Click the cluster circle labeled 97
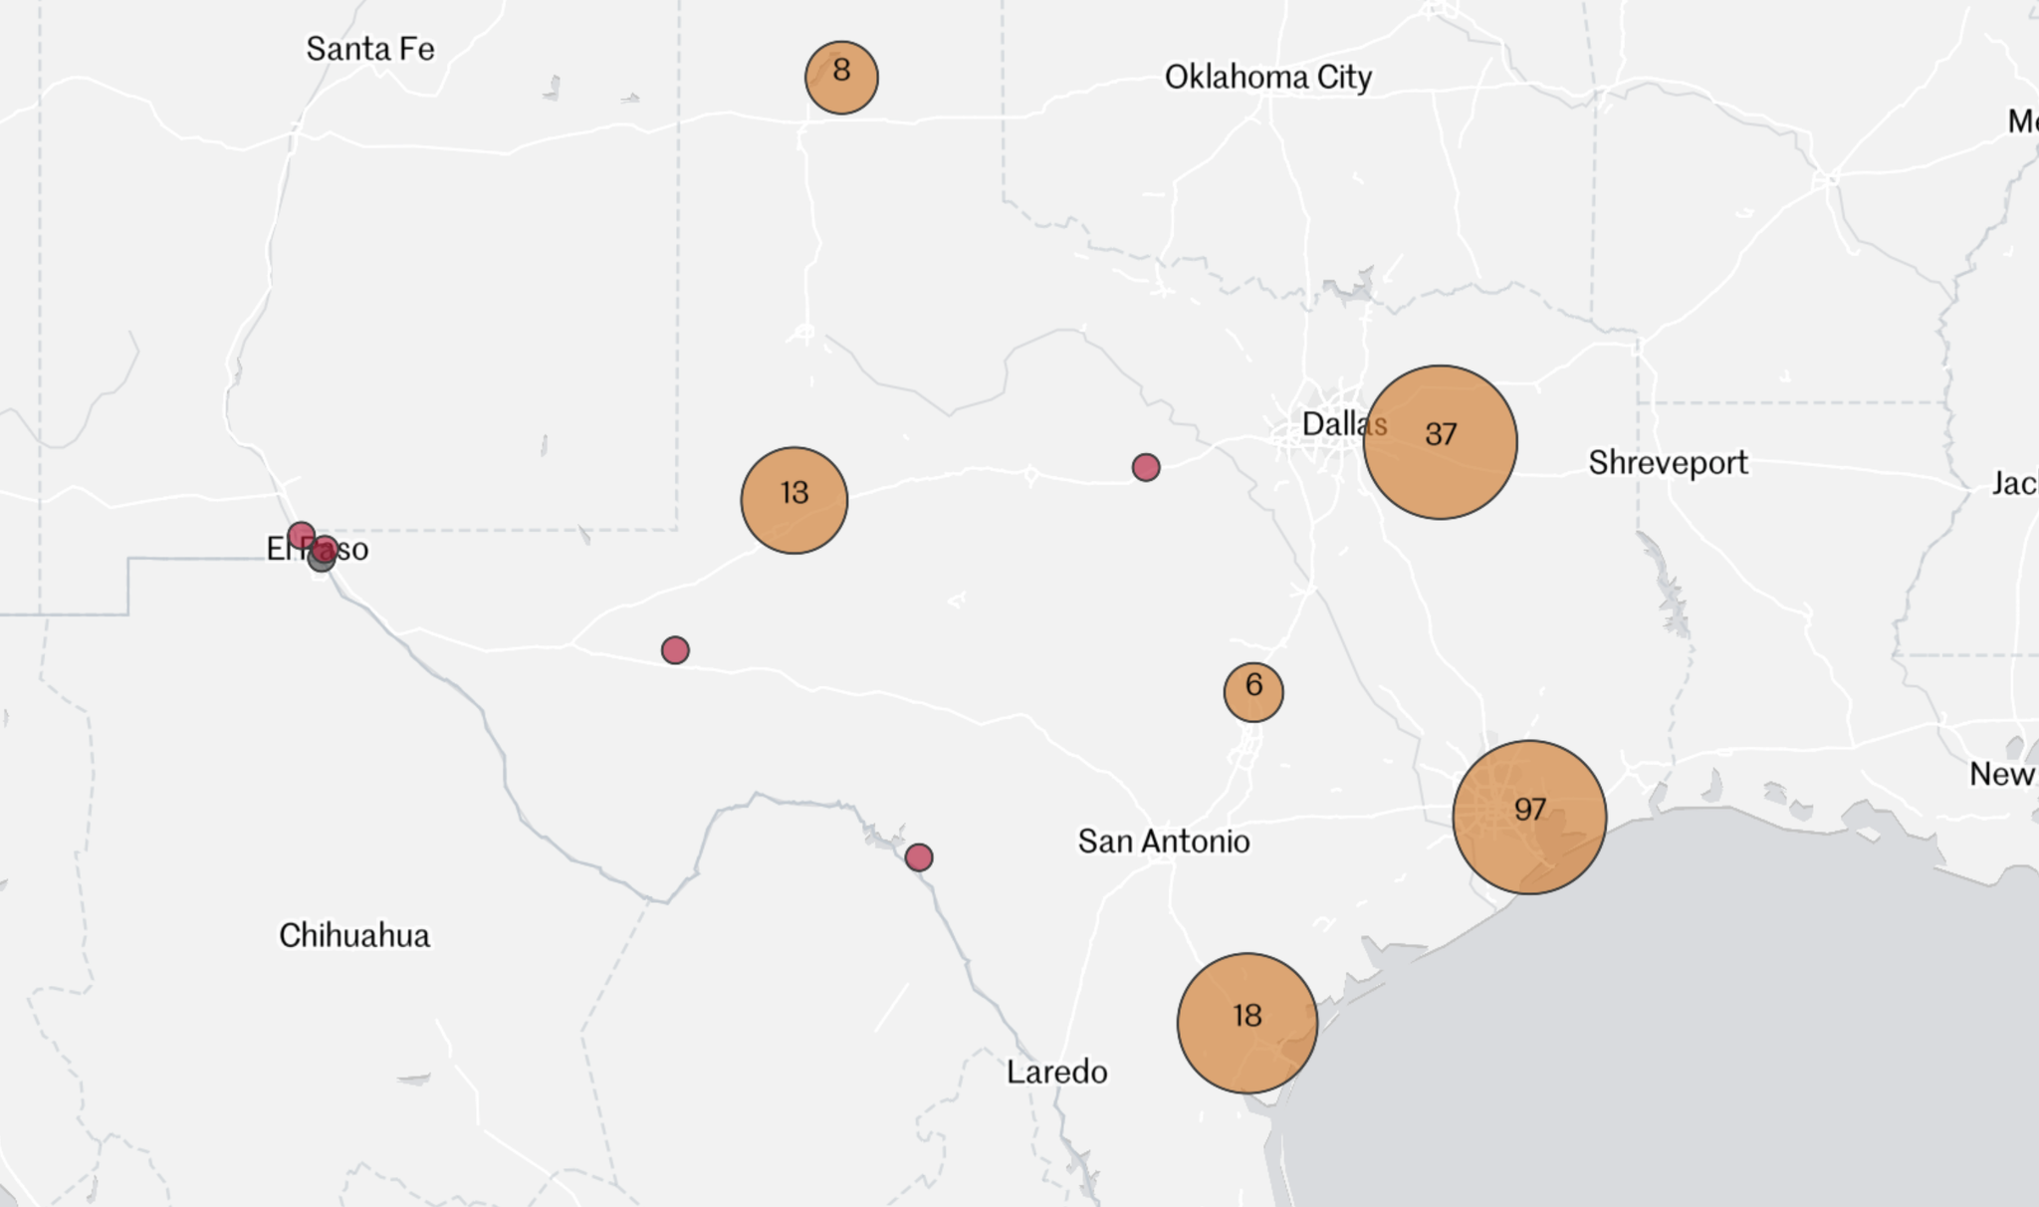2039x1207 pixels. point(1529,817)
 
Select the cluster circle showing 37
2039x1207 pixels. point(1440,441)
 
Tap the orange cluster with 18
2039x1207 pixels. point(1246,1023)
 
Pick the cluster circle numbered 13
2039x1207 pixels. point(793,500)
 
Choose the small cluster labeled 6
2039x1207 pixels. point(1253,691)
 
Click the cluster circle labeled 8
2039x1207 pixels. point(841,77)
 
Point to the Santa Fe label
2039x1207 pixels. point(369,49)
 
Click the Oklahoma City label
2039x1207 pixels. point(1267,77)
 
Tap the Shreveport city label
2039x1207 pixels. point(1668,462)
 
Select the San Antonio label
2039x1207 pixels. point(1163,842)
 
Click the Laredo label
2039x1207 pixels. point(1056,1072)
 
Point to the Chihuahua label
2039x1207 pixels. point(354,935)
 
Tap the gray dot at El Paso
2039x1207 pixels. point(320,561)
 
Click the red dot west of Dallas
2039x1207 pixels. point(1146,467)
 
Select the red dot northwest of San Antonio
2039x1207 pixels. point(919,856)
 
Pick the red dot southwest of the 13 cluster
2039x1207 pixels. point(675,650)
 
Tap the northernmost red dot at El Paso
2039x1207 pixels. point(301,536)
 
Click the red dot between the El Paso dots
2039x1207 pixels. point(326,547)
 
